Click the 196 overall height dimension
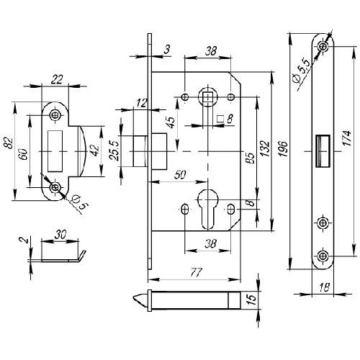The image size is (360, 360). pyautogui.click(x=284, y=149)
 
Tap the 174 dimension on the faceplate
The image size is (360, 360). pyautogui.click(x=347, y=138)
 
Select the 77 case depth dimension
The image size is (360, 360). pyautogui.click(x=196, y=272)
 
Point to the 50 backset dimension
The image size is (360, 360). pyautogui.click(x=180, y=175)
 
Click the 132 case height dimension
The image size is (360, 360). pyautogui.click(x=266, y=149)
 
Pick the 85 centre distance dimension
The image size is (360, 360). pyautogui.click(x=251, y=158)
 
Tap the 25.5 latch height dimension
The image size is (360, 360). pyautogui.click(x=114, y=150)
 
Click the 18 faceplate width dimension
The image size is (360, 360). pyautogui.click(x=325, y=287)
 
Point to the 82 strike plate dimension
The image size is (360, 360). pyautogui.click(x=9, y=143)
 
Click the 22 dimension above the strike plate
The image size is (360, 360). pyautogui.click(x=57, y=79)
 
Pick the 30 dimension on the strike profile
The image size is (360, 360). pyautogui.click(x=60, y=234)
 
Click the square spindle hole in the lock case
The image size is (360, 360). pyautogui.click(x=207, y=97)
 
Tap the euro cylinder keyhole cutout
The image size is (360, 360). pyautogui.click(x=208, y=208)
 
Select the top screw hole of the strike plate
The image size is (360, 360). pyautogui.click(x=55, y=115)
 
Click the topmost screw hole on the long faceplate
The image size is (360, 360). pyautogui.click(x=323, y=45)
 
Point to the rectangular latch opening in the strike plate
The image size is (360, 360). pyautogui.click(x=55, y=151)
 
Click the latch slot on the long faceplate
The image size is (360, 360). pyautogui.click(x=323, y=150)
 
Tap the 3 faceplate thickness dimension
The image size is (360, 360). pyautogui.click(x=167, y=49)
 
